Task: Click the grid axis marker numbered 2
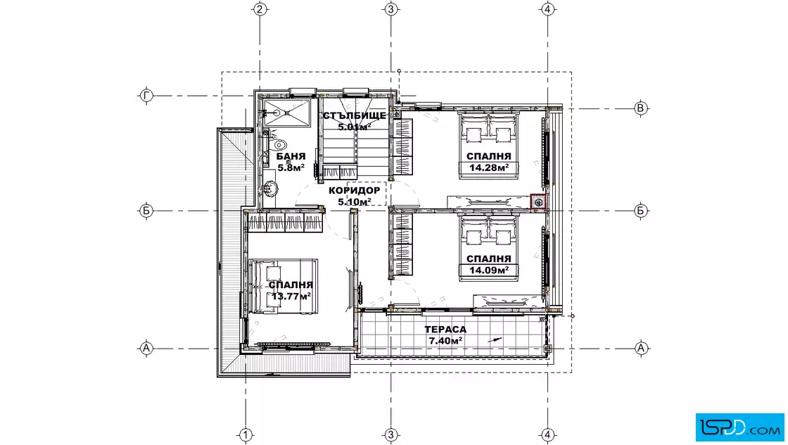[x=260, y=9]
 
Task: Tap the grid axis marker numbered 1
[x=245, y=434]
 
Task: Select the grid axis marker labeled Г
[x=146, y=95]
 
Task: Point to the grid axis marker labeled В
[x=640, y=108]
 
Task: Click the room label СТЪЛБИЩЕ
[x=355, y=115]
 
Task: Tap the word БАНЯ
[x=291, y=156]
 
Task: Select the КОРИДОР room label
[x=355, y=191]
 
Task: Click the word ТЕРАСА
[x=445, y=330]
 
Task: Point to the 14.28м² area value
[x=488, y=168]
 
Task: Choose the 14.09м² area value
[x=488, y=270]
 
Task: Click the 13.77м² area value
[x=291, y=296]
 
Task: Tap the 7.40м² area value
[x=445, y=340]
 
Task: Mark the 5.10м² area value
[x=355, y=201]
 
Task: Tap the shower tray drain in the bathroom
[x=277, y=113]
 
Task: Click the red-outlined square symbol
[x=538, y=202]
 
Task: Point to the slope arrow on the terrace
[x=495, y=340]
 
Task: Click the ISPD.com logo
[x=739, y=427]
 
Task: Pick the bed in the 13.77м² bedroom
[x=283, y=286]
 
